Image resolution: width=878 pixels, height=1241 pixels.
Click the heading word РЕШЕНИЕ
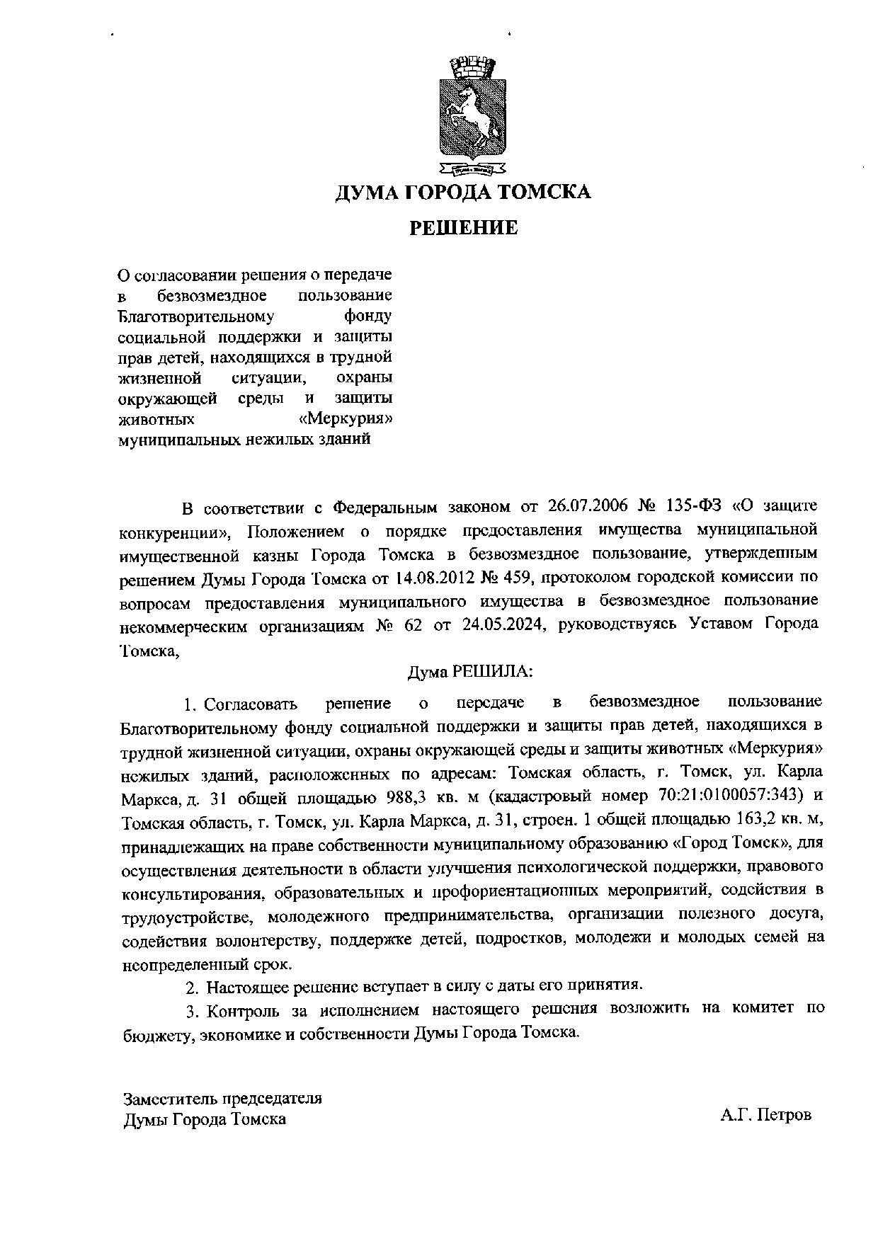pyautogui.click(x=464, y=228)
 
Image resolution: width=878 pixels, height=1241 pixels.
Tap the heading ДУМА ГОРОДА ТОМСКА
pyautogui.click(x=463, y=192)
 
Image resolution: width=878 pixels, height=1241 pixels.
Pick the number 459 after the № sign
pyautogui.click(x=521, y=577)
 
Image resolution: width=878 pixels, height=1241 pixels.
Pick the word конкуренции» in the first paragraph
pyautogui.click(x=176, y=531)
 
